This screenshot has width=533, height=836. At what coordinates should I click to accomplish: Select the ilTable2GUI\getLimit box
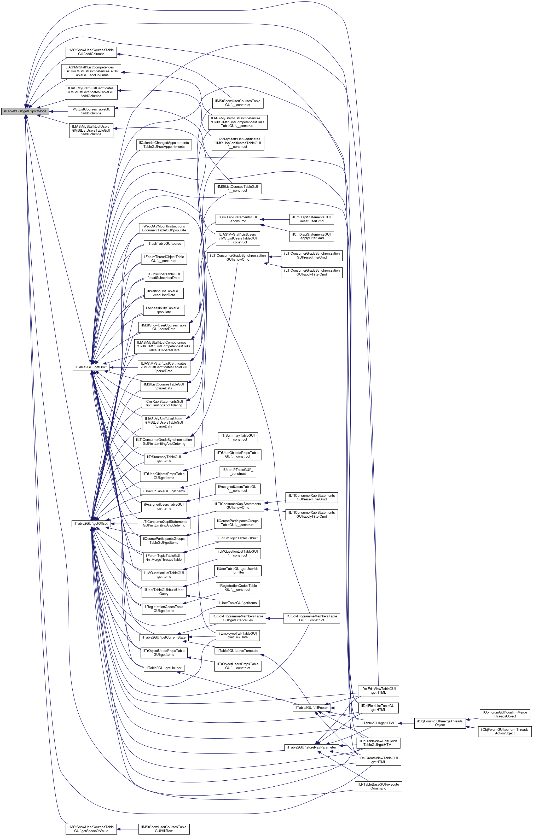91,367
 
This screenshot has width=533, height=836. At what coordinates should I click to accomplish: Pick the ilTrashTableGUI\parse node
164,244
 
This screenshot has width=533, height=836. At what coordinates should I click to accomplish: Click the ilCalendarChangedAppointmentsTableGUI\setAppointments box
164,145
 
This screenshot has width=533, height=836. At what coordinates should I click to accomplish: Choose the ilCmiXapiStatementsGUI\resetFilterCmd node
311,219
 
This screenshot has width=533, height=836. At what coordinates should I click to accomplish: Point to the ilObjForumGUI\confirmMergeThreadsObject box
505,714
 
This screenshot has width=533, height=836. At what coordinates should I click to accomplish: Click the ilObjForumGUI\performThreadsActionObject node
505,731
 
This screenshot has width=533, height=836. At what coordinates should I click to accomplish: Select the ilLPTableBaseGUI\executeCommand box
378,786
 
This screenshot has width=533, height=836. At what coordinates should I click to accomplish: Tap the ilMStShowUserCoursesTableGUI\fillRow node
164,829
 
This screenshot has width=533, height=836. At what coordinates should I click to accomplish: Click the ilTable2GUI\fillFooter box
311,708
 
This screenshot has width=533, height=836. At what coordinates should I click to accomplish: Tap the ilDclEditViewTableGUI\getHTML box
378,691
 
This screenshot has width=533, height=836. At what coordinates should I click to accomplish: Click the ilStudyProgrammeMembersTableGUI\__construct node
311,618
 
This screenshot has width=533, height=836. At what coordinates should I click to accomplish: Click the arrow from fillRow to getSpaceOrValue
128,829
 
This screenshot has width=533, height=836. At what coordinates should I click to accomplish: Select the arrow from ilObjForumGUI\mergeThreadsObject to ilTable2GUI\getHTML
406,723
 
